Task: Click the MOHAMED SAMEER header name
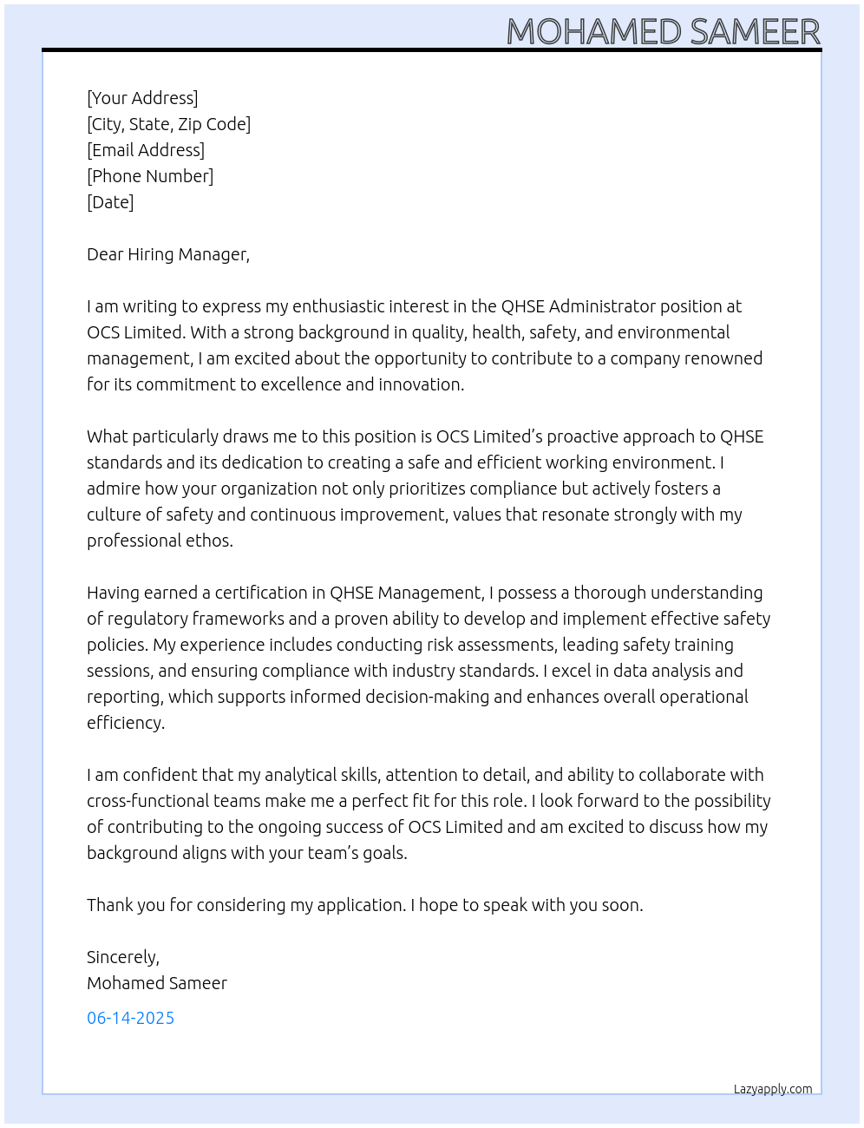663,32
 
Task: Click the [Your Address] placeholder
142,98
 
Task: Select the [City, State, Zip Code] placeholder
168,124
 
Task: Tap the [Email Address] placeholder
146,150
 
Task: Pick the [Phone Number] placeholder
150,176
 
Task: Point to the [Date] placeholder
110,202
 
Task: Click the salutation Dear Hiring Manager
167,254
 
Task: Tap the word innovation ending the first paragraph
421,384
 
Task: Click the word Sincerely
122,957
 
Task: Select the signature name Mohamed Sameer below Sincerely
157,983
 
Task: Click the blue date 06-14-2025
130,1018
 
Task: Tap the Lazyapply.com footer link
773,1089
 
